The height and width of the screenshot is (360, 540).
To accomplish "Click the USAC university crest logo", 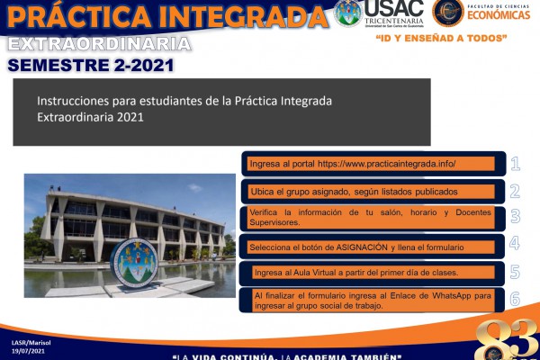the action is [347, 13].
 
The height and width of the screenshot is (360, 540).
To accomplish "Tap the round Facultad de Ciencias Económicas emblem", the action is [447, 13].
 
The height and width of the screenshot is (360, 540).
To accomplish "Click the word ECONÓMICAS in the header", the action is [499, 15].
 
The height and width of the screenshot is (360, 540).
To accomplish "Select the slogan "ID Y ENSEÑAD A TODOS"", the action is [442, 38].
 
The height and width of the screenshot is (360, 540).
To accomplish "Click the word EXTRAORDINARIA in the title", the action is [100, 44].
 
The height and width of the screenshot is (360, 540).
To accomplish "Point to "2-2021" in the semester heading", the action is [144, 65].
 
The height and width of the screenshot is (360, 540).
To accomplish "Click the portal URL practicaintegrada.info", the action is [386, 164].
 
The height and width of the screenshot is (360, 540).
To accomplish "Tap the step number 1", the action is [515, 164].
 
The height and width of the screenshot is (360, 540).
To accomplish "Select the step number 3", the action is [515, 216].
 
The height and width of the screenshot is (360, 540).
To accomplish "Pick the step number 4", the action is [515, 243].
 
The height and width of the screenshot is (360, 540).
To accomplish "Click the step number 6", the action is [515, 299].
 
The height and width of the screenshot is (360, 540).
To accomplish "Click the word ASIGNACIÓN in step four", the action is [362, 247].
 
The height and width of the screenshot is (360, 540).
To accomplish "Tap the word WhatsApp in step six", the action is [452, 295].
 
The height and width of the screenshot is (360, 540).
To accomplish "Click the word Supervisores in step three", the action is [274, 222].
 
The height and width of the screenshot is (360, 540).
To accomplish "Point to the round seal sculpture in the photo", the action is [134, 263].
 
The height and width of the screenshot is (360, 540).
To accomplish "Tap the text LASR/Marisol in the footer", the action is [31, 343].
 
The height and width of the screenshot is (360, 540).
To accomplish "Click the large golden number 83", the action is [507, 339].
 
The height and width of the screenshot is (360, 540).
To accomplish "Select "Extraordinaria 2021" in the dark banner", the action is [90, 117].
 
